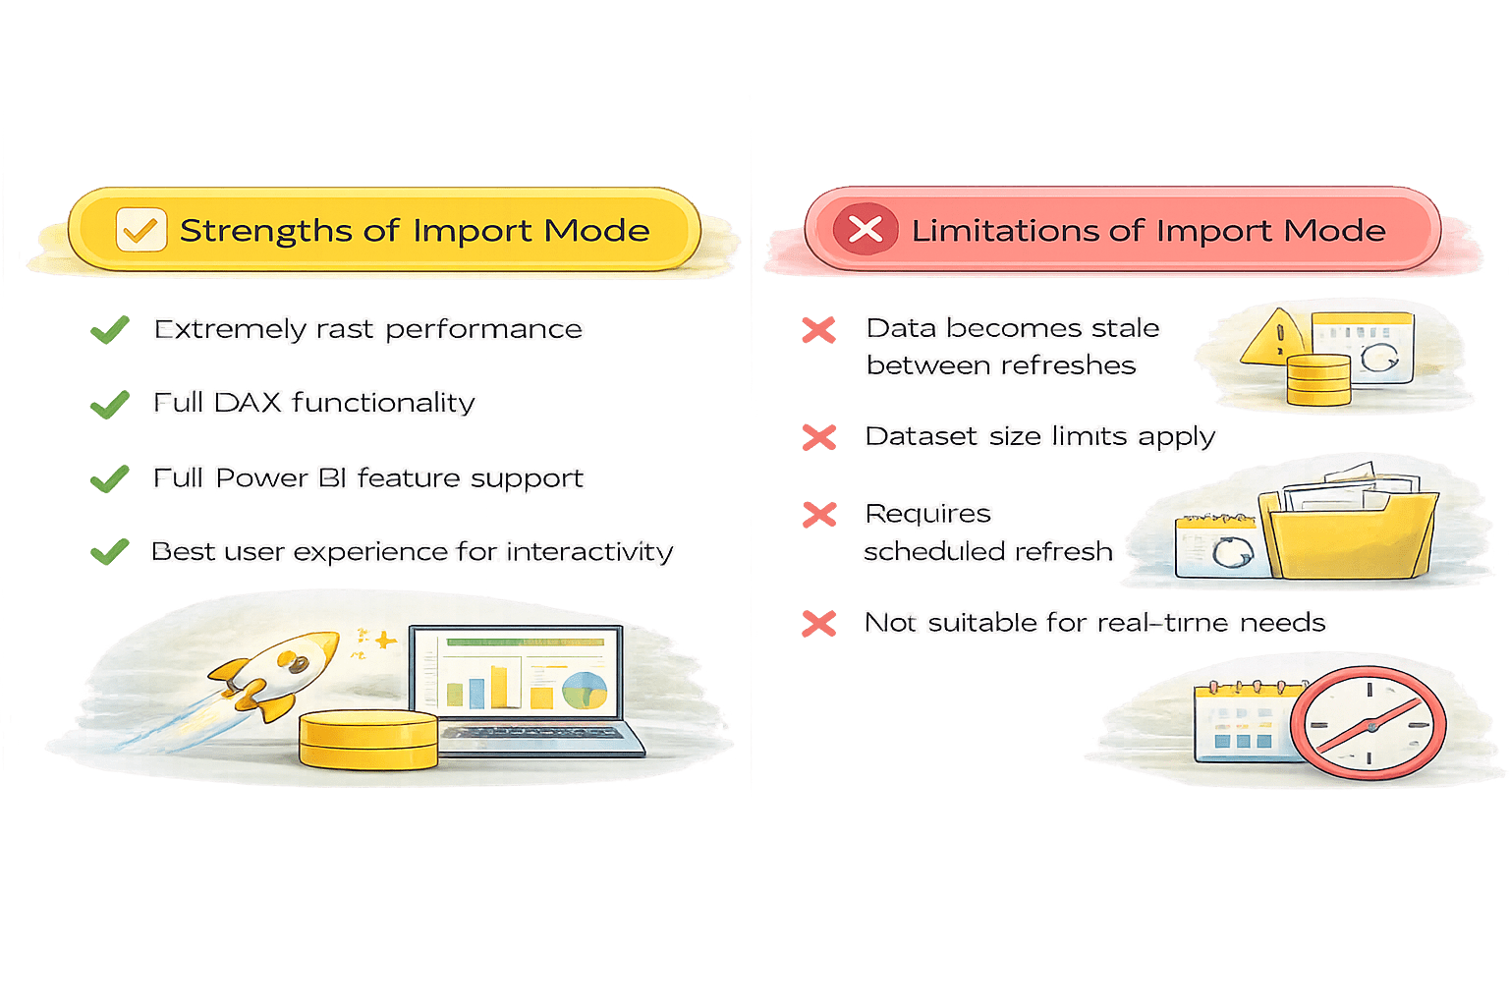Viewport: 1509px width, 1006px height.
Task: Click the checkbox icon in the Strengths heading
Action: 140,230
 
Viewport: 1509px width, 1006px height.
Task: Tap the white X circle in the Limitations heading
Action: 865,230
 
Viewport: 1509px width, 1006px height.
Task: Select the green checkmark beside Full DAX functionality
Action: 110,404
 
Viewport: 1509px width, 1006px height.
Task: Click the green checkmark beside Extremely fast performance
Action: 110,329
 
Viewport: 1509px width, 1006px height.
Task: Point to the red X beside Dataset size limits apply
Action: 818,437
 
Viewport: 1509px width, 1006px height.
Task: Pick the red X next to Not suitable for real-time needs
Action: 818,623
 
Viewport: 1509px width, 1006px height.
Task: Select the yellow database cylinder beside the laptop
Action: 368,739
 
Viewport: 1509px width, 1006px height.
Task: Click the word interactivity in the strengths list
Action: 589,551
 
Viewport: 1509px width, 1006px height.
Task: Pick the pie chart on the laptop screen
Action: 585,690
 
